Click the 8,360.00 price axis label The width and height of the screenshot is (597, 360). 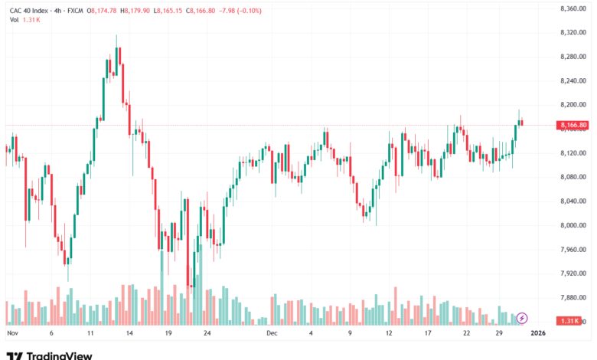tap(573, 8)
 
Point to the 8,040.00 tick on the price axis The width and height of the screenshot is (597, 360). tap(573, 201)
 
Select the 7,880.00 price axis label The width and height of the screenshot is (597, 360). tap(573, 297)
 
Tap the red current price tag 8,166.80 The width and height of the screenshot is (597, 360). tap(573, 125)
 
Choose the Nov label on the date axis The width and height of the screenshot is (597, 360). tap(12, 334)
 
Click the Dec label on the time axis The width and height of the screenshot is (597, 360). tap(272, 334)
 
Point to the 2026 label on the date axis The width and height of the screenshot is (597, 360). tap(538, 334)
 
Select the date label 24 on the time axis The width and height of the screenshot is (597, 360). tap(207, 334)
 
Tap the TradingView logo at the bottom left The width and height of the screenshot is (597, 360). tap(50, 355)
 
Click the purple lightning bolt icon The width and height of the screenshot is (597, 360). tap(522, 318)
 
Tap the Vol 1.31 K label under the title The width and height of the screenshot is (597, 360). tap(24, 20)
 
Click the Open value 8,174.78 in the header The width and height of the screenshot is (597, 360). tap(103, 11)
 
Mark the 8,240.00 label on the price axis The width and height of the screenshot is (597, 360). tap(573, 81)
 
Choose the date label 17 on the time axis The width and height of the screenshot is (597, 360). tap(429, 334)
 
